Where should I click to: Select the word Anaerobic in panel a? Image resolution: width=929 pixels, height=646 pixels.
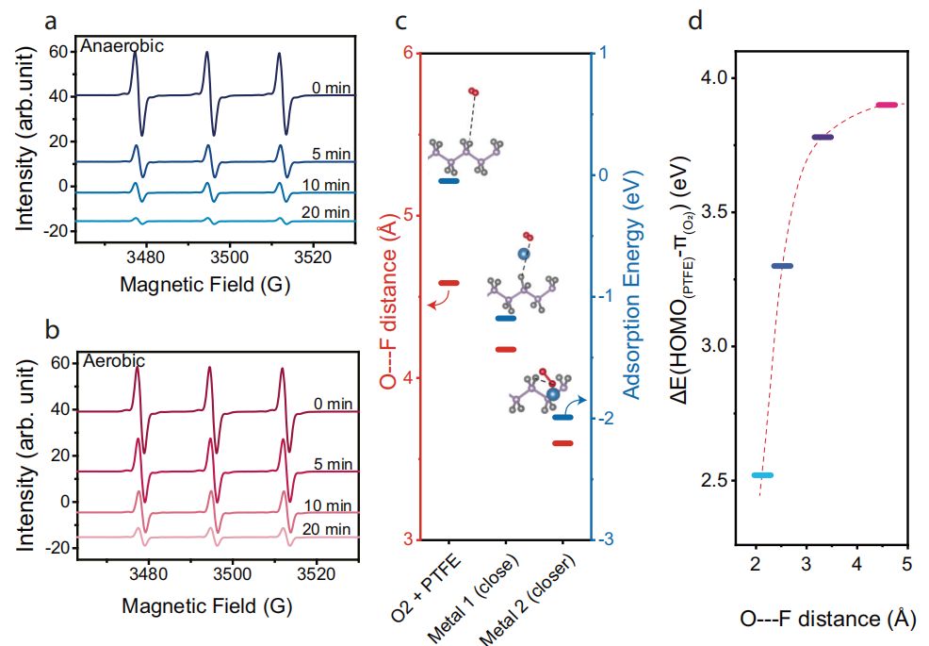(x=122, y=45)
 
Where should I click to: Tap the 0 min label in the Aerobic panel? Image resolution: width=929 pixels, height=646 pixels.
(x=333, y=403)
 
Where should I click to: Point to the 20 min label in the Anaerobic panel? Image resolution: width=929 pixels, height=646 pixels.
(x=333, y=214)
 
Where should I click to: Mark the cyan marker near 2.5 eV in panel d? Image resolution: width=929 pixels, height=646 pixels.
(x=762, y=475)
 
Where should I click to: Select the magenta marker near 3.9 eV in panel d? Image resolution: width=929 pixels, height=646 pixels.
(x=887, y=105)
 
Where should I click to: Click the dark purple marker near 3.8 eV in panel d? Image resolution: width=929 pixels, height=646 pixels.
(x=823, y=138)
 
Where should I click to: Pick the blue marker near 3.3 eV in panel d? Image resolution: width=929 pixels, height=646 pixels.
(x=782, y=266)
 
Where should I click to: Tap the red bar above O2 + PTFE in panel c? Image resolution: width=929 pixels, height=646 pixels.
(x=448, y=283)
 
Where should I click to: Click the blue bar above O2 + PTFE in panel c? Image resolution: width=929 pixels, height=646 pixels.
(x=448, y=181)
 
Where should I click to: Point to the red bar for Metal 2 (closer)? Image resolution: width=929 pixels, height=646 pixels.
(x=562, y=443)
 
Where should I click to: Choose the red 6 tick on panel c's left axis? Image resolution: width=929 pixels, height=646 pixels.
(x=409, y=53)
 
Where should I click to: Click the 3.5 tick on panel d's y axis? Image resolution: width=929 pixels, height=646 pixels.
(x=714, y=211)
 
